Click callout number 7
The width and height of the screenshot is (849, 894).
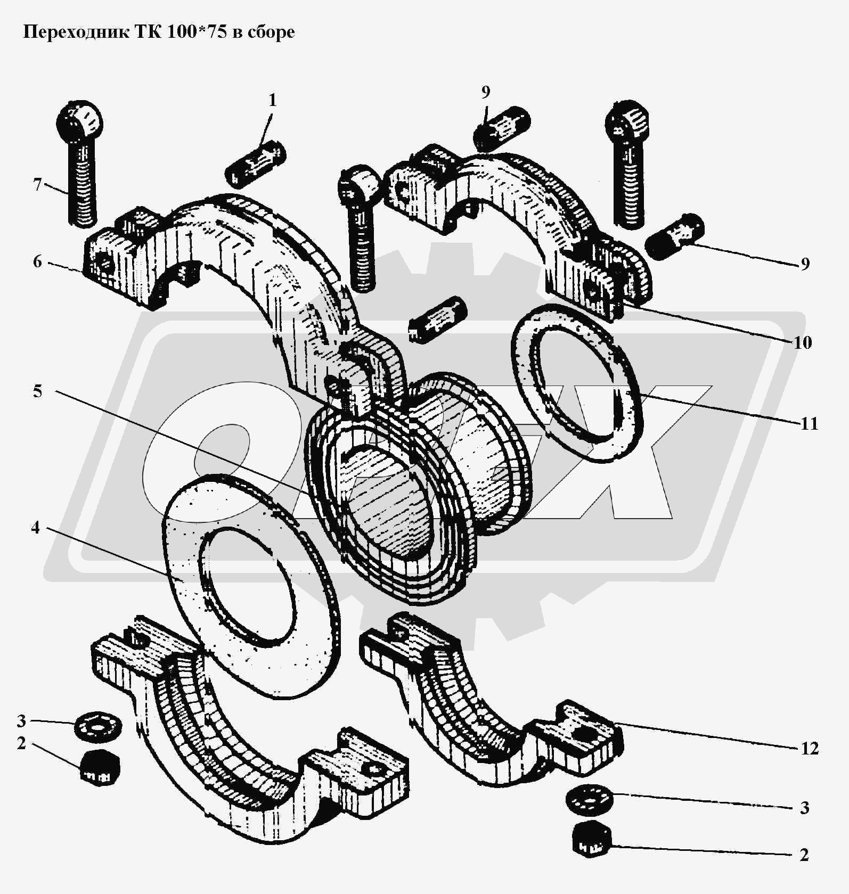point(37,185)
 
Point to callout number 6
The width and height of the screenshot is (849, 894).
point(37,261)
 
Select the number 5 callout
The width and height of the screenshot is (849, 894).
point(37,391)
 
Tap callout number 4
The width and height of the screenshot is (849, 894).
point(36,528)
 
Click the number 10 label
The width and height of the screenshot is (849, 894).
point(803,342)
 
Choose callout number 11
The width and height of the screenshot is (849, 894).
point(809,424)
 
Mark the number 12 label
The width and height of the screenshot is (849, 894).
point(810,749)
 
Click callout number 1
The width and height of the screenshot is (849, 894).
point(272,100)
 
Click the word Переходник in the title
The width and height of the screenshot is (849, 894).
point(71,32)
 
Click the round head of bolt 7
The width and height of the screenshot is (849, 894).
point(79,120)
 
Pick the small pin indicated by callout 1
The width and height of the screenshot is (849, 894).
point(256,163)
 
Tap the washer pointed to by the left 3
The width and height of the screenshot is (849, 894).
point(97,726)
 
